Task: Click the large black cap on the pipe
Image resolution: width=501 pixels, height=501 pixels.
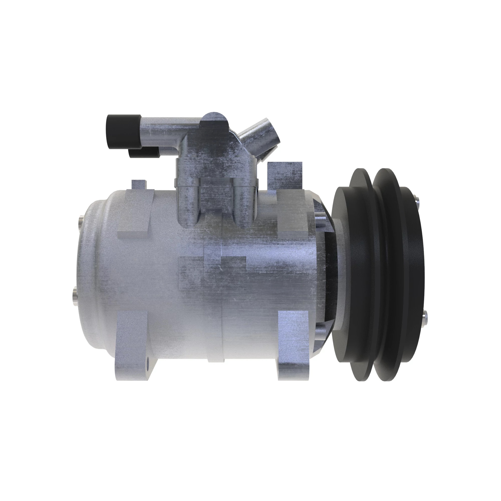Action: click(x=123, y=132)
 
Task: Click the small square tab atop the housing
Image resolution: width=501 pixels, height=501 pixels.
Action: click(x=139, y=185)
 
